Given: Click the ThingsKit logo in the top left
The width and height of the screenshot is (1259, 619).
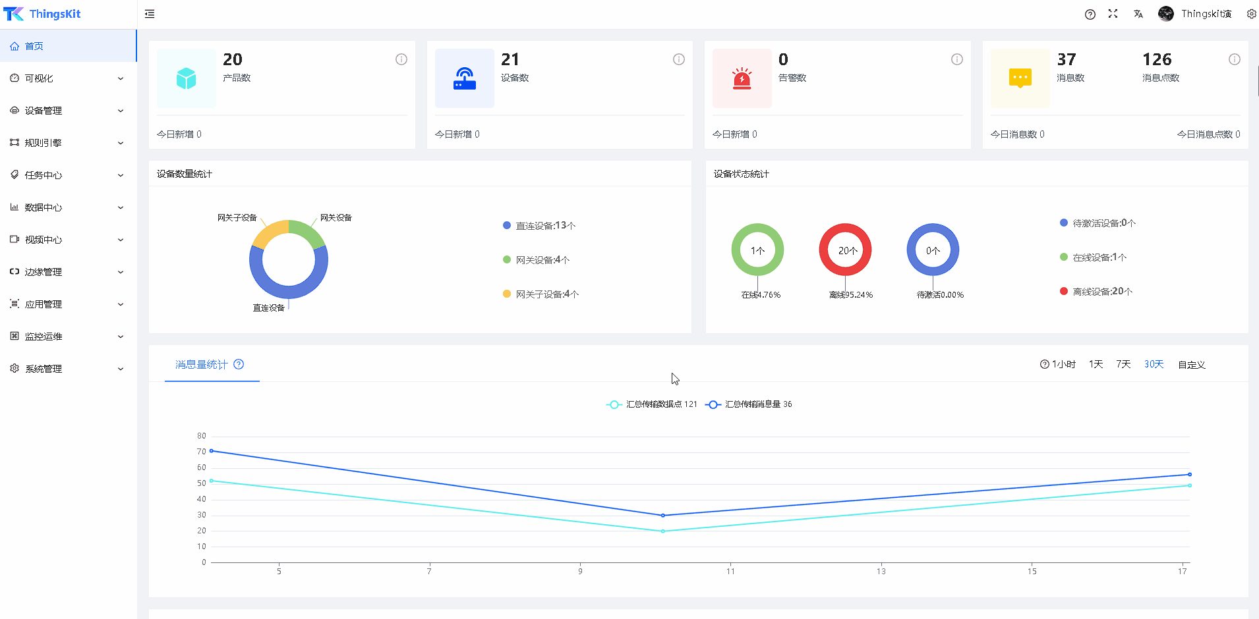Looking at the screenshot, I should tap(42, 14).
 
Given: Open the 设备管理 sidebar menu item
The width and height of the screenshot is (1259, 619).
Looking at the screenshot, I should tap(44, 111).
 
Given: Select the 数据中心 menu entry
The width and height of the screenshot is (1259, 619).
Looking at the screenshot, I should tap(44, 207).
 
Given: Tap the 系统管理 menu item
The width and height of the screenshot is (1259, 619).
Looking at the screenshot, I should tap(44, 369).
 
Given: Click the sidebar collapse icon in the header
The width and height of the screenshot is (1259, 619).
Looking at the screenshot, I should tap(150, 14).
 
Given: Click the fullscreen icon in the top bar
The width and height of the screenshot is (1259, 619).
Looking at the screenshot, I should tap(1113, 14).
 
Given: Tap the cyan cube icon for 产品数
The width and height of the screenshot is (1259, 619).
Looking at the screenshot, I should tap(187, 78).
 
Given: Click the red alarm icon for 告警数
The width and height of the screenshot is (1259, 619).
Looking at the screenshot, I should tap(742, 78).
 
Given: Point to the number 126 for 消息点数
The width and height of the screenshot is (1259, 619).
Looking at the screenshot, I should tap(1157, 60).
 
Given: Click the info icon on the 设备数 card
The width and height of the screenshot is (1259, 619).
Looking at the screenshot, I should tap(679, 59).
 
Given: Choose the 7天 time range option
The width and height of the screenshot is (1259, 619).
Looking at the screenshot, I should tap(1123, 364).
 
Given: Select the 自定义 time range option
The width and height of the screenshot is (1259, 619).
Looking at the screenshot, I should tap(1192, 364).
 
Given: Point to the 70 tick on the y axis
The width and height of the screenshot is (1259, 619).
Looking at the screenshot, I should tap(202, 452).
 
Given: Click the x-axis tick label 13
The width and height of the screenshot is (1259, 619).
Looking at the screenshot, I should tap(881, 572).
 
